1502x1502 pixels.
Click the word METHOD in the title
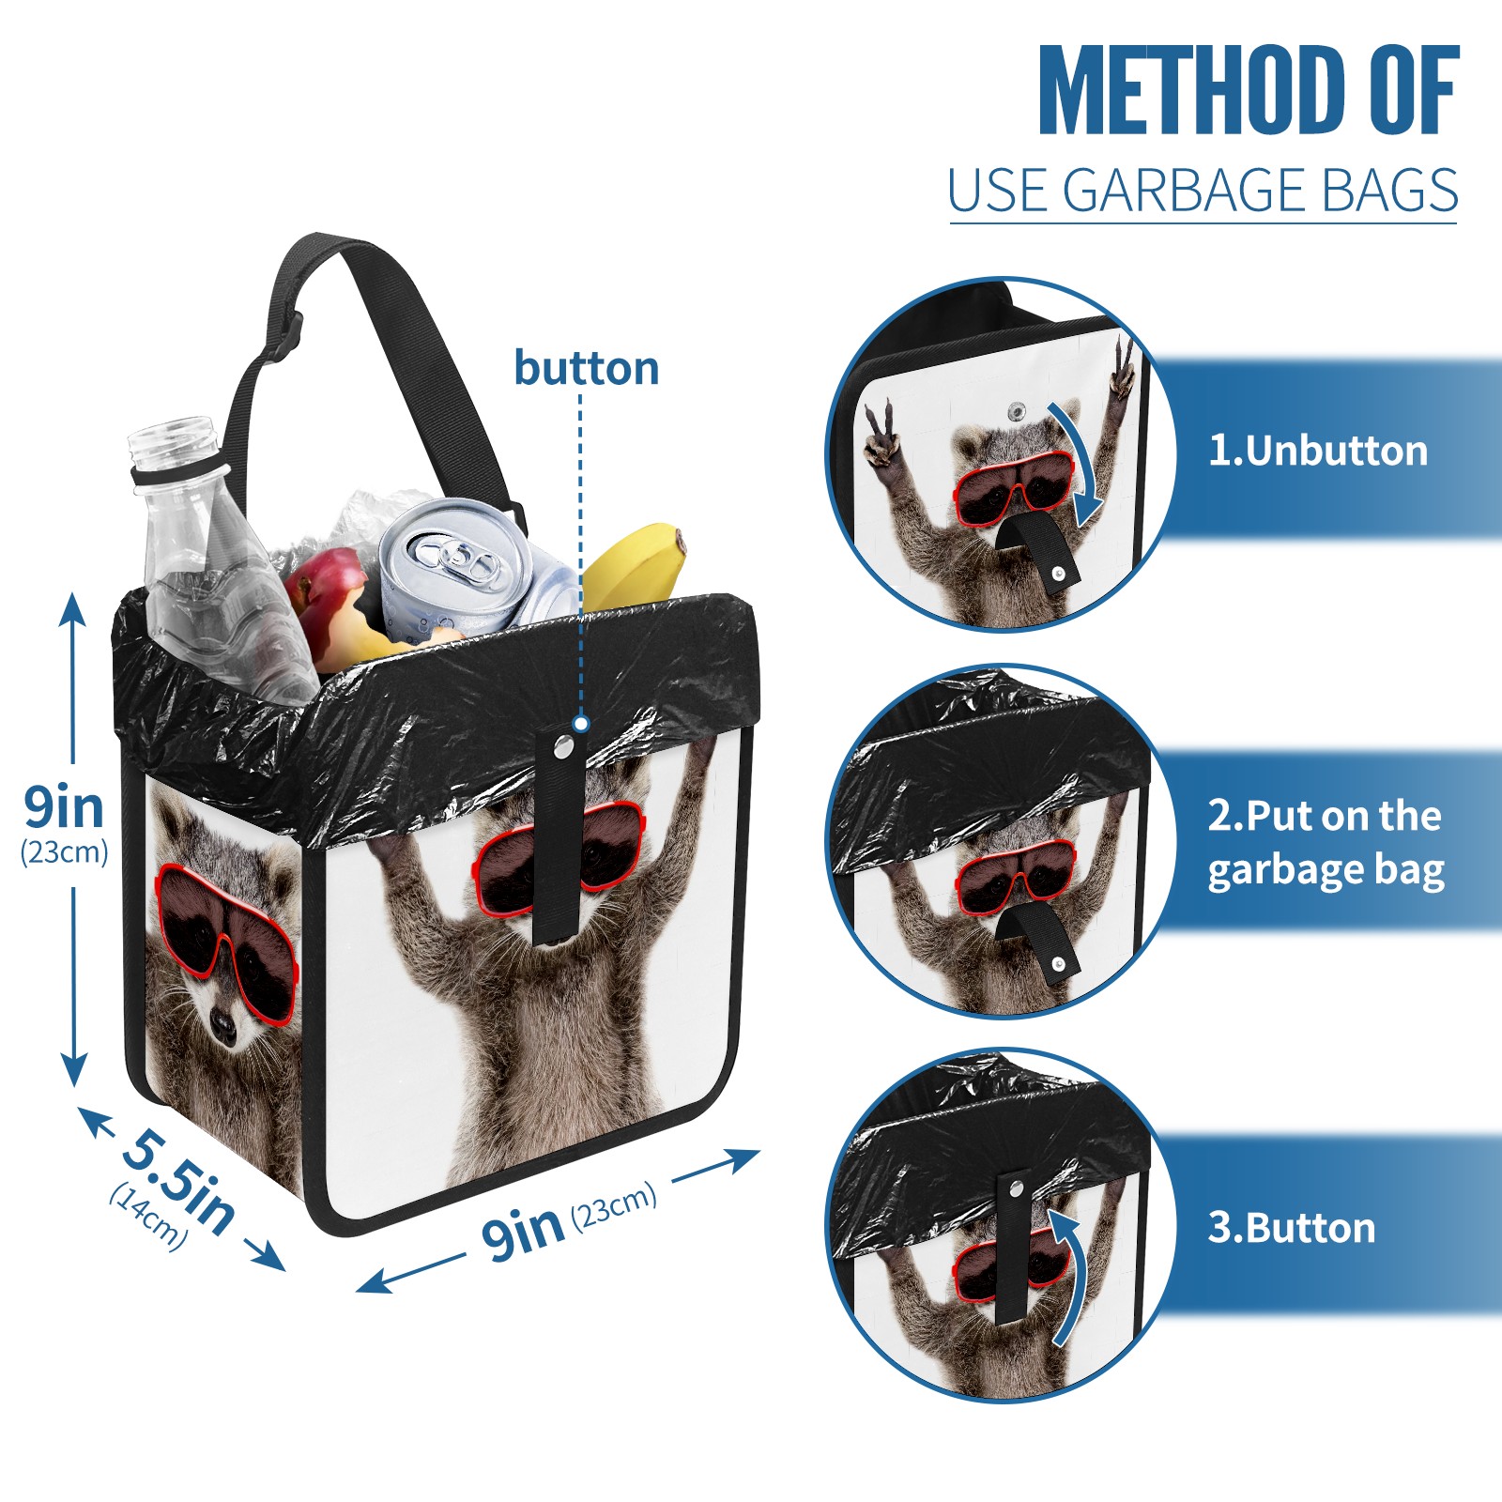point(1191,90)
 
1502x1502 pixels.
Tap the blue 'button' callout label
point(587,368)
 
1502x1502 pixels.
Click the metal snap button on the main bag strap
point(563,747)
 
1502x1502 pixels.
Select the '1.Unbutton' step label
point(1318,451)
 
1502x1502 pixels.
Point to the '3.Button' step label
point(1292,1228)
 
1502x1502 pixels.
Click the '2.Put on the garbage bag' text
point(1326,843)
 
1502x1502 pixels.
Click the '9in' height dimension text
point(64,806)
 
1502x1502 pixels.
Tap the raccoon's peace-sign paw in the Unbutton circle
point(1120,371)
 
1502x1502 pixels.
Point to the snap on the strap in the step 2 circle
point(1059,964)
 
